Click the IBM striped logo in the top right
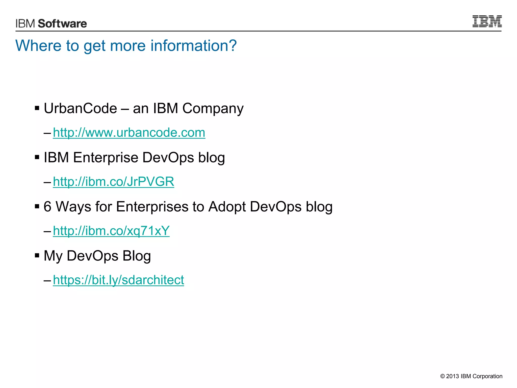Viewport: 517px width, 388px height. point(487,21)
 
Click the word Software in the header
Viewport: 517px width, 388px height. point(62,23)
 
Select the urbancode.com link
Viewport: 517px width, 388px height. point(129,133)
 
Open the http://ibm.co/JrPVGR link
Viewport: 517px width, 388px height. point(113,182)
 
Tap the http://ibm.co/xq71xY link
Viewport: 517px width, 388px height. point(111,231)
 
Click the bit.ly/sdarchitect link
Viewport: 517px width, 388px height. point(118,280)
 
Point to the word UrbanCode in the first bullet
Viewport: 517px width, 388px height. point(80,108)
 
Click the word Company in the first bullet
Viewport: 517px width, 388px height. point(213,109)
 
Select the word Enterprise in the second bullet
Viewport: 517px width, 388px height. point(105,158)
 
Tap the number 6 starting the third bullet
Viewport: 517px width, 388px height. point(47,207)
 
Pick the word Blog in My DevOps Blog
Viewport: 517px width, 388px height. point(137,256)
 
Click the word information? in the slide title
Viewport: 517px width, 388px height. point(194,46)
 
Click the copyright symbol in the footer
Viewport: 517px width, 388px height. point(442,376)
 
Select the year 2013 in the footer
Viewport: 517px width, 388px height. point(452,376)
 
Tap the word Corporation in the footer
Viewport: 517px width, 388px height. point(487,376)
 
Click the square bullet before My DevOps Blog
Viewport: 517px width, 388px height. point(37,256)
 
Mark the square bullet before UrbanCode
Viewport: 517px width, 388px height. point(37,108)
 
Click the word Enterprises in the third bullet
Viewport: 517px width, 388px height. point(152,207)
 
